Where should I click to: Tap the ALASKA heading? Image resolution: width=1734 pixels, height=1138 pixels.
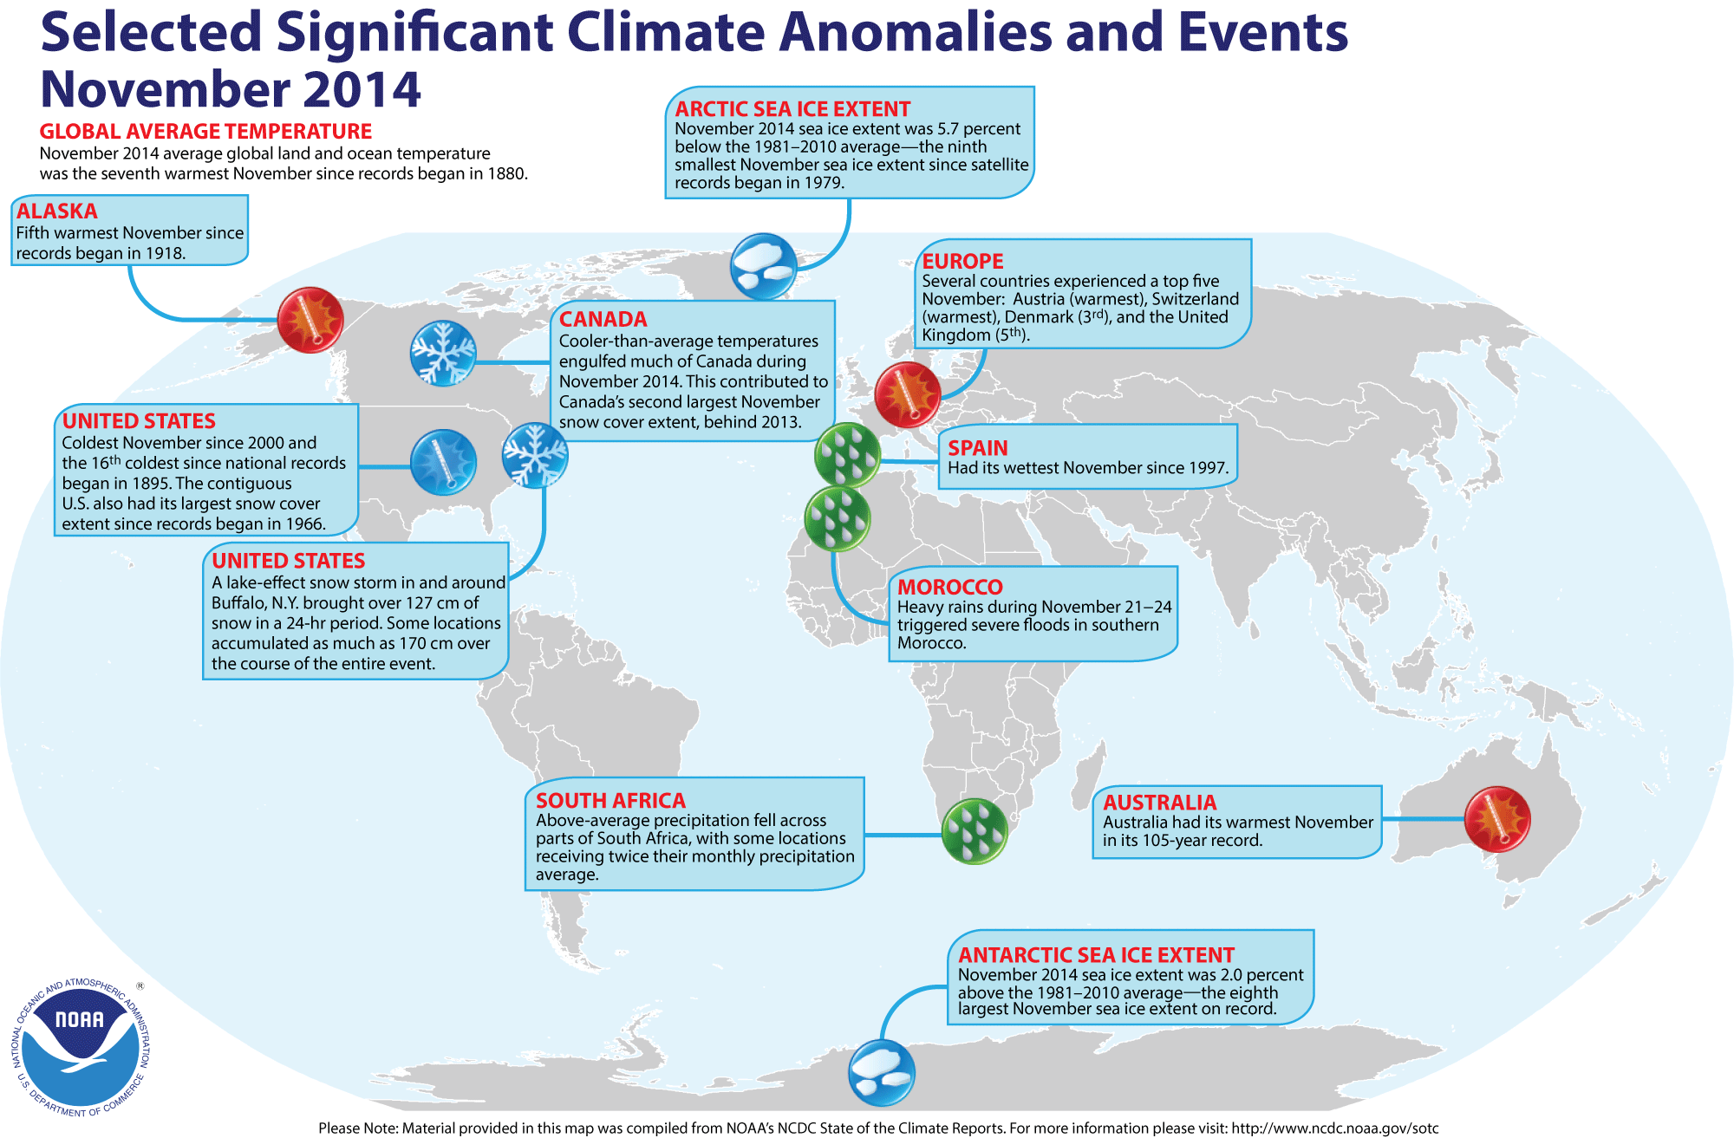[56, 211]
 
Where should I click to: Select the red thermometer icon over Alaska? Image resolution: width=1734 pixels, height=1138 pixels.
[310, 320]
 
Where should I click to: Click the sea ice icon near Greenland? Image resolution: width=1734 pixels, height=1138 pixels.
[764, 266]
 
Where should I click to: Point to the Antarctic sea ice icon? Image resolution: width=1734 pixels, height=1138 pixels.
[882, 1073]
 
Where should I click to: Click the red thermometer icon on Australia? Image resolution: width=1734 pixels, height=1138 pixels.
[1497, 819]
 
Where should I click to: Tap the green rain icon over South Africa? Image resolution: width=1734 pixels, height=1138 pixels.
[975, 831]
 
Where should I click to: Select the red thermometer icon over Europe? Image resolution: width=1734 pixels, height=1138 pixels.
[908, 394]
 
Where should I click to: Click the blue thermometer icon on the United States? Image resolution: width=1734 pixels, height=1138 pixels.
[443, 463]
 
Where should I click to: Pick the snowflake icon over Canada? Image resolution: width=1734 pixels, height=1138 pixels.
[443, 353]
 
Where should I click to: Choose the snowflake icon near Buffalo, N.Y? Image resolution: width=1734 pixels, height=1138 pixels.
[535, 455]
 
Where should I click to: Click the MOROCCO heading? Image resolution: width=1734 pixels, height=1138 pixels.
[949, 587]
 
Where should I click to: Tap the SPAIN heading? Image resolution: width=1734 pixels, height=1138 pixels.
[978, 448]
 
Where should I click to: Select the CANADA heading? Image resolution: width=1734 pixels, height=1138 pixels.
[603, 319]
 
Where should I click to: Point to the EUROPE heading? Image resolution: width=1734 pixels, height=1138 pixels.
[962, 261]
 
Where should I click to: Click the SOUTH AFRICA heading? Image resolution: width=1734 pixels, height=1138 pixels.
[610, 801]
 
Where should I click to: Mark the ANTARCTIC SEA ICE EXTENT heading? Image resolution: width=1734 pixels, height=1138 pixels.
[1096, 955]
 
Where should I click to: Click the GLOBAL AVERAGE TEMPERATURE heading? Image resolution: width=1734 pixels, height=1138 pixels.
[205, 132]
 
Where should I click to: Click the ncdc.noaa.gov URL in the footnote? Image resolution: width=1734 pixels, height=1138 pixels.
[1335, 1128]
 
